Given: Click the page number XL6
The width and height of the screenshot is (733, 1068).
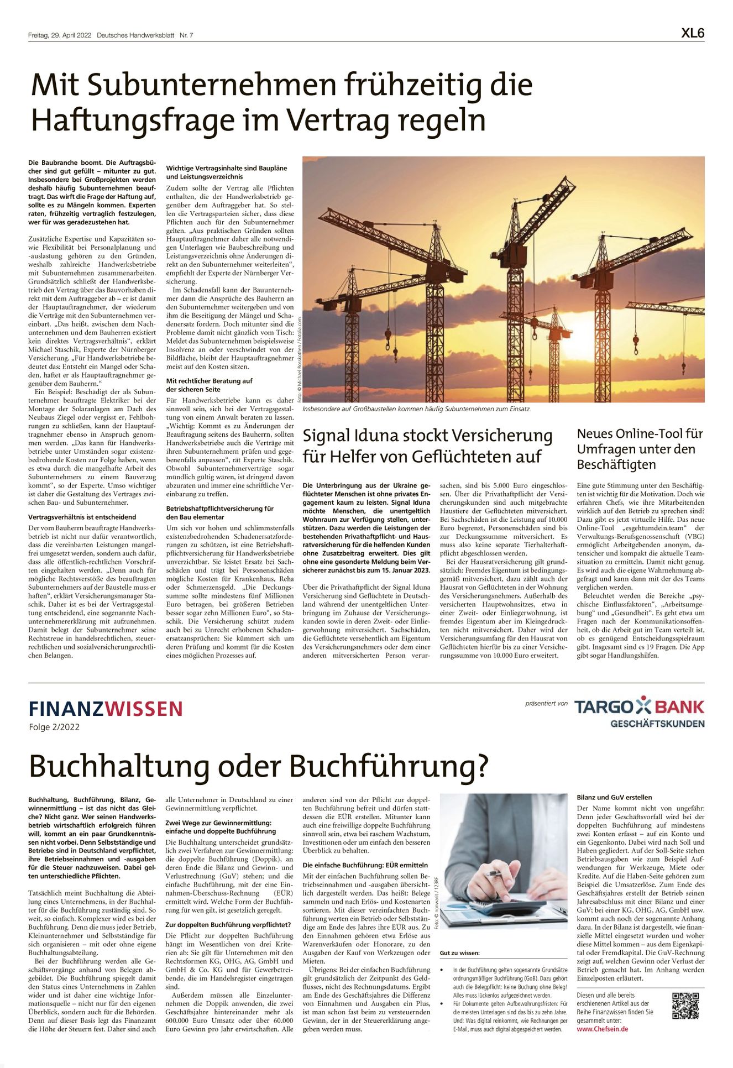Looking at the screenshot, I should (693, 33).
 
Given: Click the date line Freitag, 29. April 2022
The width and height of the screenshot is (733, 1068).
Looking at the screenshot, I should (60, 36).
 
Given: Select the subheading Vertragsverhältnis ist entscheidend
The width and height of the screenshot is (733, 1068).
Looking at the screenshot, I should (82, 517).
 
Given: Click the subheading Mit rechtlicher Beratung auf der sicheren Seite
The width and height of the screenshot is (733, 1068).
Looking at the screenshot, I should (209, 385).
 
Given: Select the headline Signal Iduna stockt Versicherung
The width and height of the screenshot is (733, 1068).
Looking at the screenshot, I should (427, 436).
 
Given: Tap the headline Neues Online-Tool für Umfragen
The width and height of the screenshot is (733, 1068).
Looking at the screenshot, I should (640, 448).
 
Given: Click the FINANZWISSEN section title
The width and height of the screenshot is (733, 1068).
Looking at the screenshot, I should (106, 709).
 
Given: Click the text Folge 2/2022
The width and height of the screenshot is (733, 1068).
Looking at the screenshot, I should (54, 727).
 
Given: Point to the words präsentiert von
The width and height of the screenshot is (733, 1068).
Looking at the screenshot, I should (546, 704).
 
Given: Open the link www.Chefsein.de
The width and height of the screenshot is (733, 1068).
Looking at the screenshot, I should (602, 1029).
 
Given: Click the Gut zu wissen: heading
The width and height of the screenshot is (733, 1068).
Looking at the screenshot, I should (459, 953).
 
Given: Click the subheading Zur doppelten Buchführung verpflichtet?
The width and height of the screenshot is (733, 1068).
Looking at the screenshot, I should (228, 924).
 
